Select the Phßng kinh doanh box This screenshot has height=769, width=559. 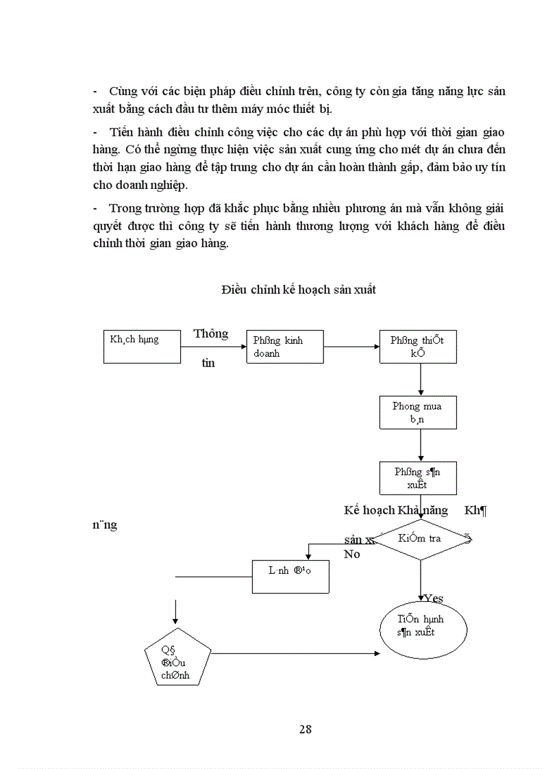point(284,346)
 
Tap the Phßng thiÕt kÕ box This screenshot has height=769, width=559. point(419,346)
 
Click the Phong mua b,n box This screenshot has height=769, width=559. point(419,412)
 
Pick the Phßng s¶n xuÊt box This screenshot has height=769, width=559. point(419,478)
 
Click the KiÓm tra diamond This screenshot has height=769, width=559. point(420,539)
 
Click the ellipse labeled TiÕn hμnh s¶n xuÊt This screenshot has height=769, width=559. point(423,627)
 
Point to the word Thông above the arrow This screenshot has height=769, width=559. point(210,334)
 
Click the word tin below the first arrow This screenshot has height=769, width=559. point(208,363)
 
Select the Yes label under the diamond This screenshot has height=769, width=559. point(433,598)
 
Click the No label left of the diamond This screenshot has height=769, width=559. point(352,554)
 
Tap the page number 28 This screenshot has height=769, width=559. point(306,729)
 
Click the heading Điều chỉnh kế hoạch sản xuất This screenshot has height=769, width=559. point(298,290)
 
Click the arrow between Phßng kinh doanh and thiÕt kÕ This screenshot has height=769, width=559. point(352,346)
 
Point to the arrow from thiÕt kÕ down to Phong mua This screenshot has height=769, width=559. point(420,379)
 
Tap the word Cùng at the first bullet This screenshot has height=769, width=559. point(123,91)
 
